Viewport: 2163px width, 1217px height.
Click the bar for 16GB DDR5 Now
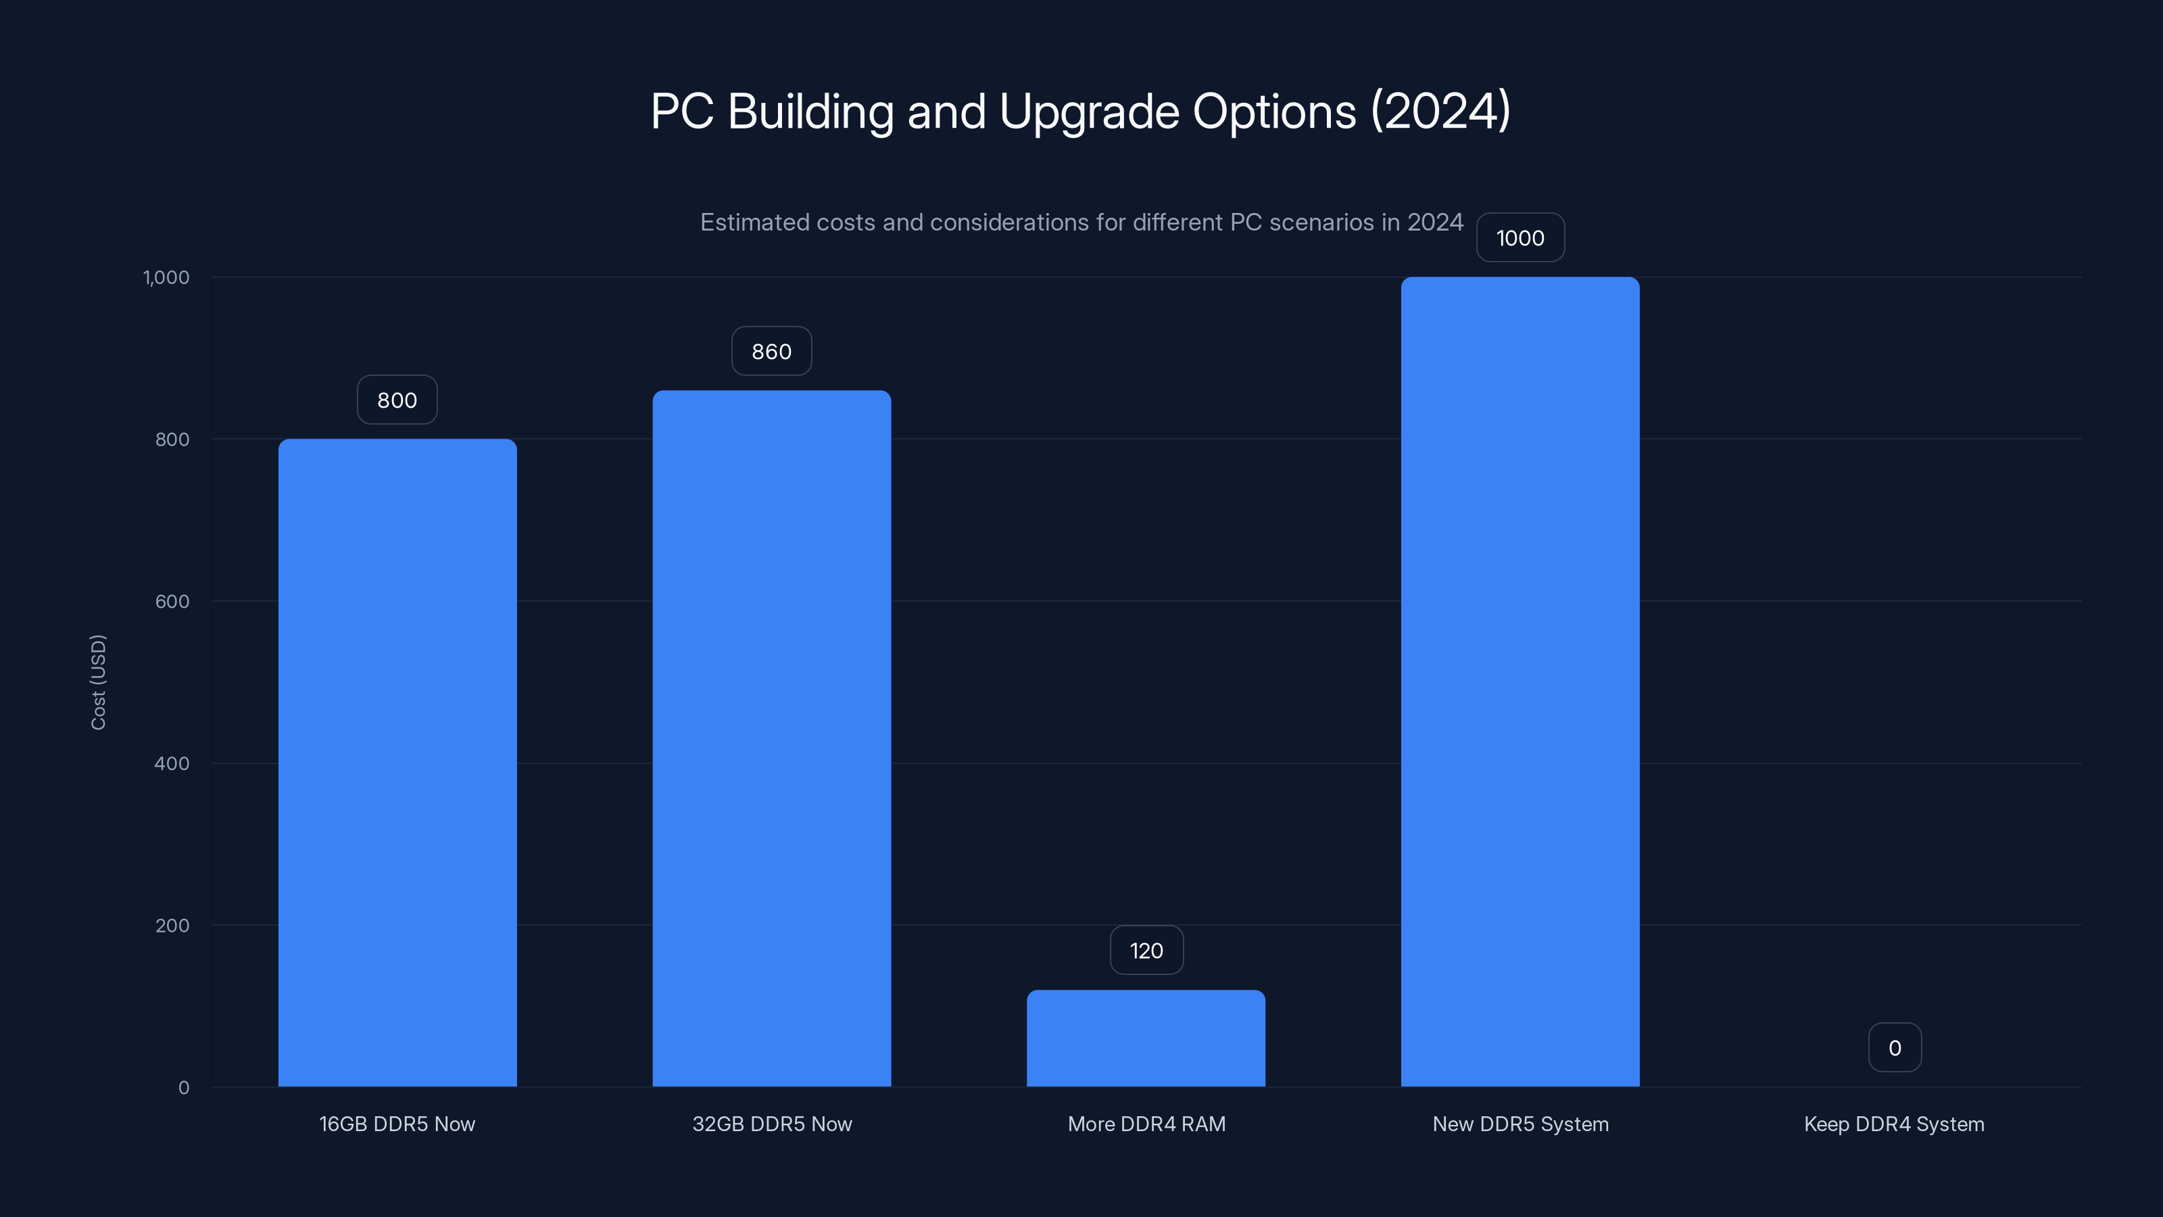coord(397,763)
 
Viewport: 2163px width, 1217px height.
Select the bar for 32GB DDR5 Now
coord(772,738)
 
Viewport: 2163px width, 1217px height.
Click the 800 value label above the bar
coord(397,400)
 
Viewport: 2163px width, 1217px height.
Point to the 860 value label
coord(772,351)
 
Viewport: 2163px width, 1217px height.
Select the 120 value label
coord(1146,950)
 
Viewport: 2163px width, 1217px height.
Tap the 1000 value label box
coord(1520,238)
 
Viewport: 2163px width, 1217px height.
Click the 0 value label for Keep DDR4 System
coord(1894,1047)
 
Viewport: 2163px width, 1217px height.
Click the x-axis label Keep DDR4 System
coord(1893,1124)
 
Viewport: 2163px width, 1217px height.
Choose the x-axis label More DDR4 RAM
coord(1146,1124)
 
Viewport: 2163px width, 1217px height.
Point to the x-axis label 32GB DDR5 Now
coord(772,1124)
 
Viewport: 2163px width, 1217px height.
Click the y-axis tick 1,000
coord(166,277)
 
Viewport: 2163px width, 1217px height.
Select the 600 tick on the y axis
coord(172,601)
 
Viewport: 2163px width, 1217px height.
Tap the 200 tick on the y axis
coord(172,926)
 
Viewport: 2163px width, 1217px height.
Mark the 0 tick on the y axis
coord(184,1088)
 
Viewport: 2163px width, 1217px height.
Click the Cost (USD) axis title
coord(98,682)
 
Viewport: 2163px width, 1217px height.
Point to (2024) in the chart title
coord(1440,111)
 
